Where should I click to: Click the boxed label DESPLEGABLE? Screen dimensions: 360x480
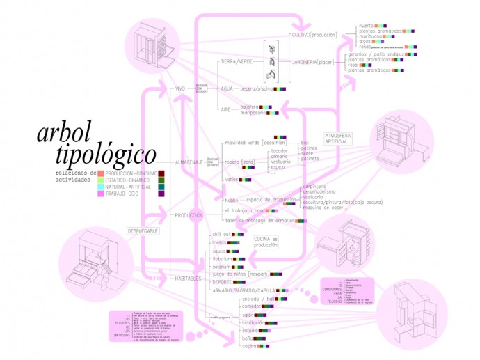143,230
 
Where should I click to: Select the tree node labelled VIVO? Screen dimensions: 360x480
180,89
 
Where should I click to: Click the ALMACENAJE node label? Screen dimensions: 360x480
189,162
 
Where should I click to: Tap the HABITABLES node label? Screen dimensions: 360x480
189,278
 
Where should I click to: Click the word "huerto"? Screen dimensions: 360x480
367,26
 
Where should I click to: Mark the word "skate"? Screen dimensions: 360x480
308,152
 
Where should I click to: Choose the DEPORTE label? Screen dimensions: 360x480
224,283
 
